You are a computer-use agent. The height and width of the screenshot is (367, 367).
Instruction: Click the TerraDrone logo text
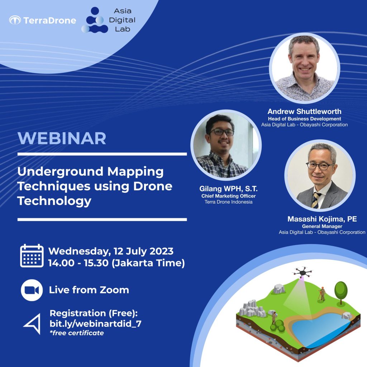(x=49, y=20)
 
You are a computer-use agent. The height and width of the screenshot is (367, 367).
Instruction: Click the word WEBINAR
(x=62, y=138)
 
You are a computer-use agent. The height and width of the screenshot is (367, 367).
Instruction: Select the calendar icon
(x=32, y=256)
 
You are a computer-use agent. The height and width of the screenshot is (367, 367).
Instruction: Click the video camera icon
(x=32, y=290)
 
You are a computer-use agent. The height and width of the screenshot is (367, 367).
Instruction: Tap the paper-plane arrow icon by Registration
(x=32, y=323)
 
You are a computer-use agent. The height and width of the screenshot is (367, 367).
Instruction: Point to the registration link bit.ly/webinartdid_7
(x=95, y=324)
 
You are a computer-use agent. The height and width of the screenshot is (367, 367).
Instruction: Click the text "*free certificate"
(x=76, y=333)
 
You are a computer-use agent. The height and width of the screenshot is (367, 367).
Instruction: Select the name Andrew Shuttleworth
(x=304, y=111)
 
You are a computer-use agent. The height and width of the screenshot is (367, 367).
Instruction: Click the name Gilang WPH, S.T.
(x=228, y=189)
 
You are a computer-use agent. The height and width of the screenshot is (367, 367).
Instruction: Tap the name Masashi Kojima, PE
(x=322, y=219)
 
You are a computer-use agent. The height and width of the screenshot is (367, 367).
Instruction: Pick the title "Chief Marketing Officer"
(x=228, y=196)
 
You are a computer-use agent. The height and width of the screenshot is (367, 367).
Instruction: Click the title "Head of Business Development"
(x=304, y=119)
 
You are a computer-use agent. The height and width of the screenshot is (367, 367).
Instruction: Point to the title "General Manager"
(x=322, y=227)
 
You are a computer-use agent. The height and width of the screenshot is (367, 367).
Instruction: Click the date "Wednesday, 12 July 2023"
(x=111, y=251)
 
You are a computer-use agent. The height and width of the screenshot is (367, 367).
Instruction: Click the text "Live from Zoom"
(x=89, y=290)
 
